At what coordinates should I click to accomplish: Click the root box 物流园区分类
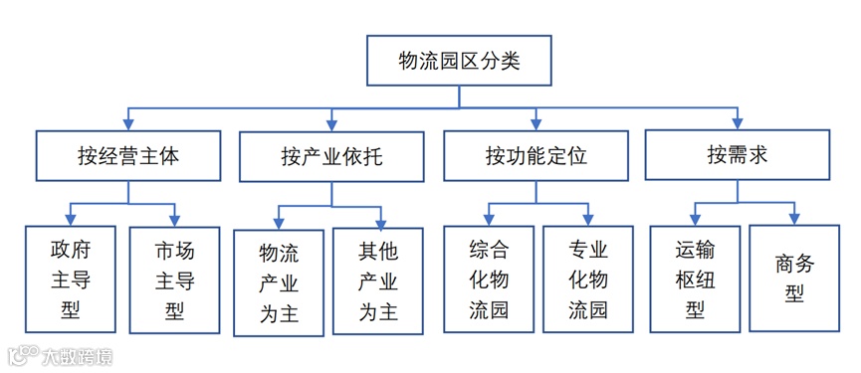click(459, 61)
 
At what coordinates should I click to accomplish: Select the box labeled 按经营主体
click(128, 156)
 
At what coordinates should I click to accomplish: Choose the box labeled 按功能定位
click(536, 156)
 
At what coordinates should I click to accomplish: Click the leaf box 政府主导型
click(70, 279)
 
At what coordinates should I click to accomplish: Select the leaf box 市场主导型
click(174, 279)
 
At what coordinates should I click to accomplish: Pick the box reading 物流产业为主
click(279, 282)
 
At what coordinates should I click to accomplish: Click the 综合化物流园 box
click(488, 279)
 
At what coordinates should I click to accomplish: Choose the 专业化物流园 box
click(588, 279)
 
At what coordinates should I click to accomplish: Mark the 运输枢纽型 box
click(694, 279)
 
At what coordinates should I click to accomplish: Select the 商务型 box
click(793, 279)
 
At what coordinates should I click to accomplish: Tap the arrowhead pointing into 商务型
click(794, 218)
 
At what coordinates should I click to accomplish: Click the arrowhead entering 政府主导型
click(72, 219)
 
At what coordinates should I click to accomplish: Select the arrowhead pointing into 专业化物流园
click(589, 219)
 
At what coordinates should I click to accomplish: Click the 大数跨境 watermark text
click(76, 355)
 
